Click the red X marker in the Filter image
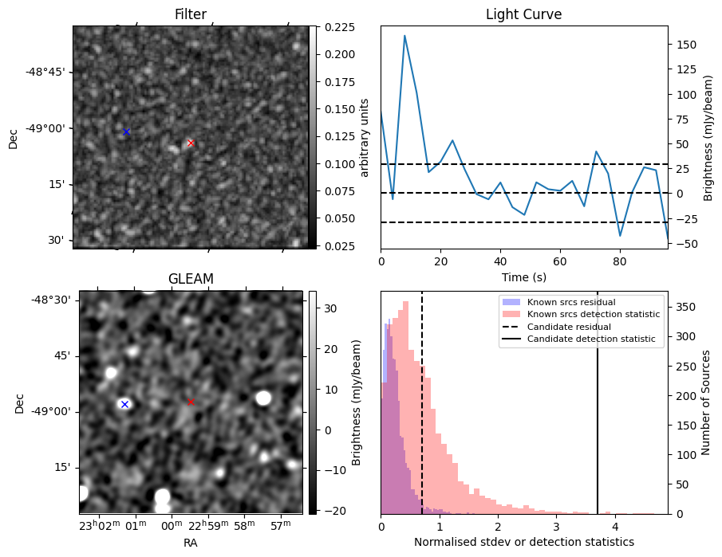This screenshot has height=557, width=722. pyautogui.click(x=191, y=143)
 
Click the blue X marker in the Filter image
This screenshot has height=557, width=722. pyautogui.click(x=126, y=132)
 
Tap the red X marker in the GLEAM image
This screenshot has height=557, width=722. pyautogui.click(x=191, y=402)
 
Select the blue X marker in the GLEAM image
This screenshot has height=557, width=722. pyautogui.click(x=124, y=404)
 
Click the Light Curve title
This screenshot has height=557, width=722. pyautogui.click(x=524, y=14)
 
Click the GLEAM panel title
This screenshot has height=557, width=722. pyautogui.click(x=191, y=279)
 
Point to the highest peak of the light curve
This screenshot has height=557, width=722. pyautogui.click(x=404, y=35)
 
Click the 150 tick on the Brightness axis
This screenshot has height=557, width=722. pyautogui.click(x=686, y=45)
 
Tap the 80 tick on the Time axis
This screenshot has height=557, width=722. pyautogui.click(x=620, y=261)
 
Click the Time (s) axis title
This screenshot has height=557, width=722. pyautogui.click(x=524, y=277)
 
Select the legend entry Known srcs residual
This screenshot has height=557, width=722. pyautogui.click(x=571, y=302)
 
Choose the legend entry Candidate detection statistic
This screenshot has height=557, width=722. pyautogui.click(x=591, y=339)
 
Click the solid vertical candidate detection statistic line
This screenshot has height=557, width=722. pyautogui.click(x=598, y=402)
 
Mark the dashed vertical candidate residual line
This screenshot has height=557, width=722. pyautogui.click(x=422, y=402)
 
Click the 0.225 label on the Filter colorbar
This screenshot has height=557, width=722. pyautogui.click(x=340, y=27)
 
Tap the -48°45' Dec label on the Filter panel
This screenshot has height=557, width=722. pyautogui.click(x=49, y=72)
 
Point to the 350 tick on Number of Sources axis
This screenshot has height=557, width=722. pyautogui.click(x=685, y=308)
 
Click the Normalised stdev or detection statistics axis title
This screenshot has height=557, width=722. pyautogui.click(x=524, y=542)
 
